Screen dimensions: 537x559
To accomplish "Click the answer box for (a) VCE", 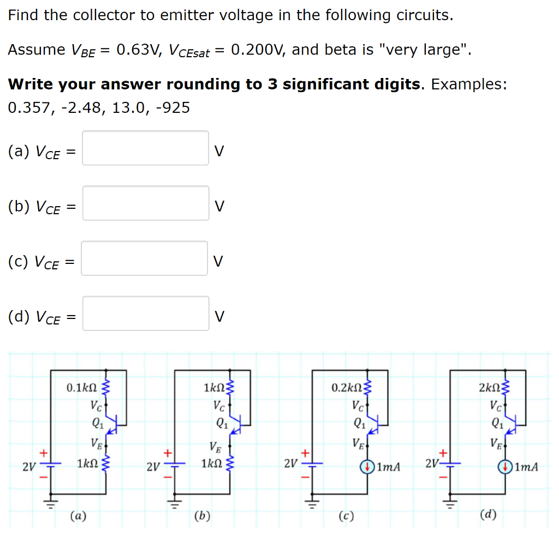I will [x=145, y=148].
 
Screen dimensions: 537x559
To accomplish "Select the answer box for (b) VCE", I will [x=145, y=203].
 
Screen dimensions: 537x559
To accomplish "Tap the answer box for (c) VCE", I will [x=145, y=258].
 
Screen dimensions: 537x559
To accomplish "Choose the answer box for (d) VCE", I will [x=145, y=313].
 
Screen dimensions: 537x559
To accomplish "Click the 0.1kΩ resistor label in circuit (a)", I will [x=81, y=388].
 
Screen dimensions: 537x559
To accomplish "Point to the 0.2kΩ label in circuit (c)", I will [x=346, y=388].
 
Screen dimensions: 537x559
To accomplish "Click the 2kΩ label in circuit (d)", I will [x=489, y=388].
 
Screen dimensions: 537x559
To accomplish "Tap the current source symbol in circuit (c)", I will [x=368, y=467].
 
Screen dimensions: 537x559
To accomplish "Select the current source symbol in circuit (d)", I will [x=506, y=467].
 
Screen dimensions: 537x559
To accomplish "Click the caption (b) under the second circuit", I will [x=203, y=515].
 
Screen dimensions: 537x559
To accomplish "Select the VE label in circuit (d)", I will [x=496, y=442].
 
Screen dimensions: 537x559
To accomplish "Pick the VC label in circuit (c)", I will [x=358, y=406].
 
